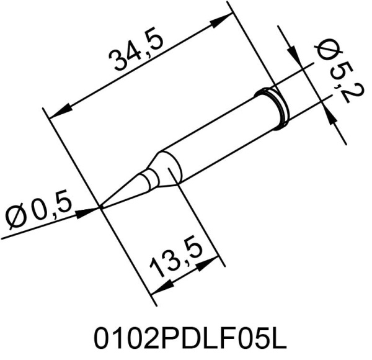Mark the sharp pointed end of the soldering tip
point(102,207)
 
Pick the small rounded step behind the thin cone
point(149,180)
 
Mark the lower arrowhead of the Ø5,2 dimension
point(331,114)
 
